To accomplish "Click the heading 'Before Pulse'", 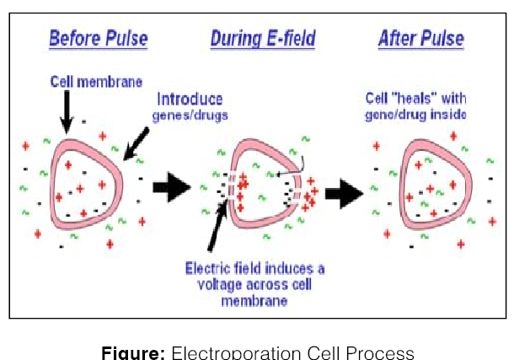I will tap(98, 38).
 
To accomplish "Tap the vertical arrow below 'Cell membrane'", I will tap(67, 110).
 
